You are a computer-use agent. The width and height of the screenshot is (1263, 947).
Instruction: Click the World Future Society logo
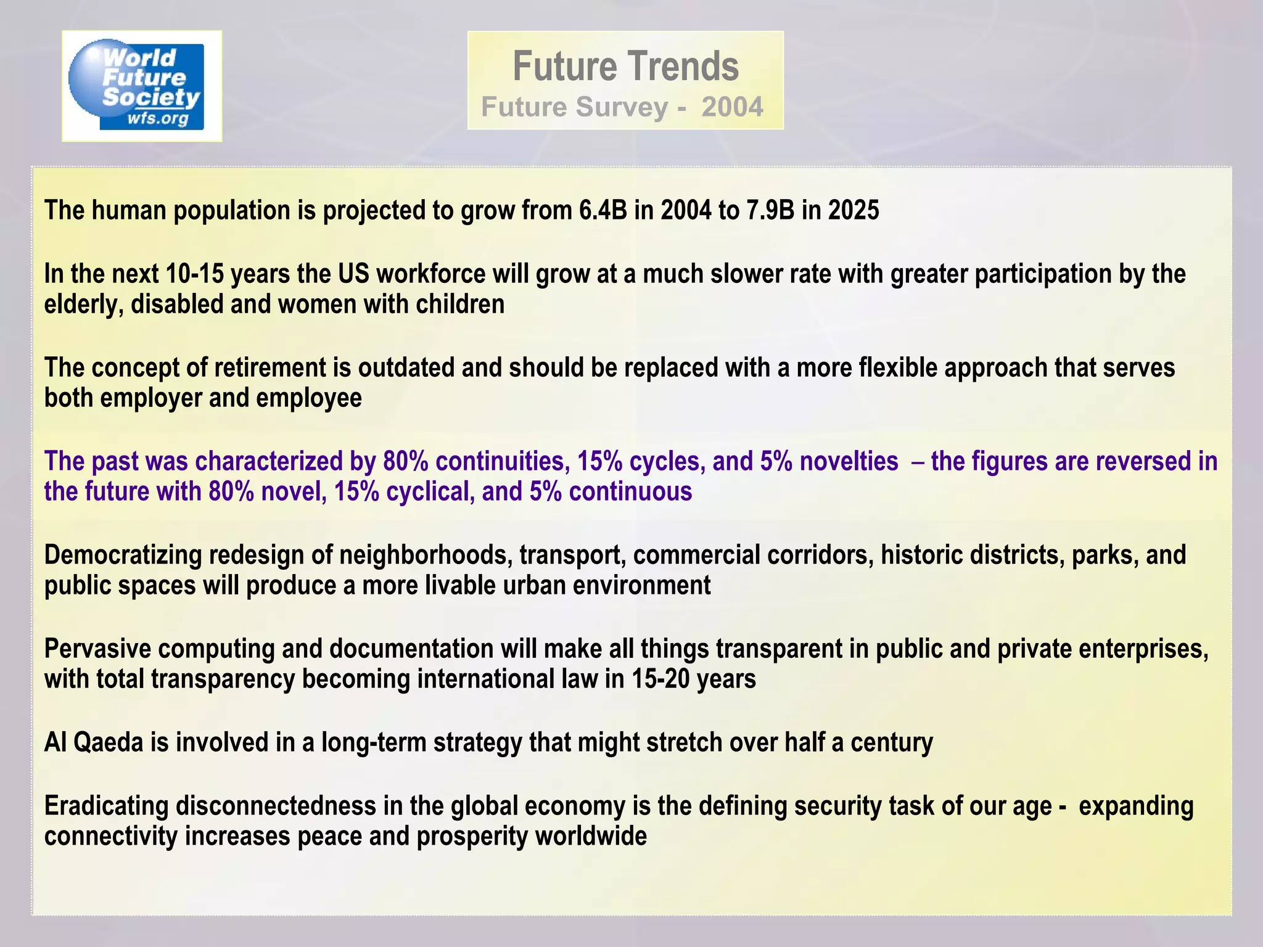[141, 86]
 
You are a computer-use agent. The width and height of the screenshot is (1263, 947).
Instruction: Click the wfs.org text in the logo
[157, 118]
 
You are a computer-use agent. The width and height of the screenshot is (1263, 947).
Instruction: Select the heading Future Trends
[625, 67]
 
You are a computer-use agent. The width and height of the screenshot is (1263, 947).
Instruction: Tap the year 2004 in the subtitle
[732, 107]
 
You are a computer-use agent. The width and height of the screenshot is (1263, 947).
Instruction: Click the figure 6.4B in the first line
[603, 211]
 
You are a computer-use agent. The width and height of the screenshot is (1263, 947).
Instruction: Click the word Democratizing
[123, 555]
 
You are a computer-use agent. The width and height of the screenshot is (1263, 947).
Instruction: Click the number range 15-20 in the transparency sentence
[660, 679]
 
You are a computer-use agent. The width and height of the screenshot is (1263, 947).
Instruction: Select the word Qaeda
[109, 743]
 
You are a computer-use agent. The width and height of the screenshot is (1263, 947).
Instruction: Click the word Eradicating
[106, 806]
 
